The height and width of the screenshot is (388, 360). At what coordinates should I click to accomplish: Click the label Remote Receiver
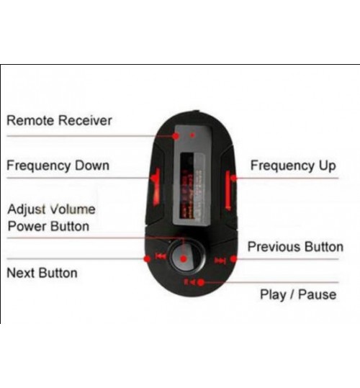tap(59, 120)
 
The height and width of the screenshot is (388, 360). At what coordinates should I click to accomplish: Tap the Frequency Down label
tap(58, 166)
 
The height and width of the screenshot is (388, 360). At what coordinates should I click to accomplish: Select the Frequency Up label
tap(293, 166)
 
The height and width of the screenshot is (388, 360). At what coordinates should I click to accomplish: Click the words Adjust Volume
tap(51, 209)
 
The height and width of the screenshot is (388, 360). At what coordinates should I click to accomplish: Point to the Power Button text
tap(48, 226)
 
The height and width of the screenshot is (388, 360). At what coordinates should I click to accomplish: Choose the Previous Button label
tap(295, 247)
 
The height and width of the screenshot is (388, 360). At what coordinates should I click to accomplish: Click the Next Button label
tap(42, 273)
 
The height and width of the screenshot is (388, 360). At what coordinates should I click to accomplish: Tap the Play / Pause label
tap(298, 294)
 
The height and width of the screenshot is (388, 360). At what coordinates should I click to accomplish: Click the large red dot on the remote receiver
tap(176, 136)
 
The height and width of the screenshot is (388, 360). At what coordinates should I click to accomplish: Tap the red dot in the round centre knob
tap(184, 259)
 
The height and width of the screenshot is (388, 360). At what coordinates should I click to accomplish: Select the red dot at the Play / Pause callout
tap(201, 282)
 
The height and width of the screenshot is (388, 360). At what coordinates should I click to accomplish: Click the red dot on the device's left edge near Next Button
tap(147, 259)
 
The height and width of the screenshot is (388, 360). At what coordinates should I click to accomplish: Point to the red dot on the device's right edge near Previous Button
tap(233, 259)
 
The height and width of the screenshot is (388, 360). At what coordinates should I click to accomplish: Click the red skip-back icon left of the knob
tap(161, 256)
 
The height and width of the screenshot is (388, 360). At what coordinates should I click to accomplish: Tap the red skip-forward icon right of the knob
tap(220, 261)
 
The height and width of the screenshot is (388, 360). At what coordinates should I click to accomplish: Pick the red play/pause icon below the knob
tap(190, 282)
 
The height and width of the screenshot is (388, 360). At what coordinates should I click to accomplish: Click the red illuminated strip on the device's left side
tap(156, 187)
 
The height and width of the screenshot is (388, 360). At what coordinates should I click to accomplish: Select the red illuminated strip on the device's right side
tap(228, 191)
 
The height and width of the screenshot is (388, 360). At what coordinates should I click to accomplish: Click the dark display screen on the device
tap(187, 185)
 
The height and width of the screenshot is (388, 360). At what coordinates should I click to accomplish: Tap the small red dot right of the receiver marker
tap(192, 135)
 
